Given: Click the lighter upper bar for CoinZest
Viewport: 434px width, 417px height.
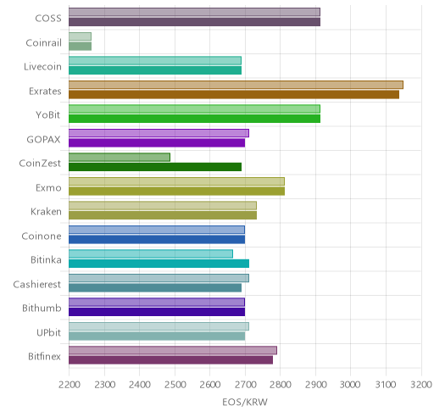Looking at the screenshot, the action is tap(120, 158).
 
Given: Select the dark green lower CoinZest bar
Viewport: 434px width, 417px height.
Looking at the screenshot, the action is tap(155, 167).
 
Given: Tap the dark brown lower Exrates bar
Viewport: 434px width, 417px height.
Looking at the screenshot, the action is tap(234, 95).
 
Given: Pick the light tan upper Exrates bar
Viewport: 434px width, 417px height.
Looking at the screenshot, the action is tap(236, 85).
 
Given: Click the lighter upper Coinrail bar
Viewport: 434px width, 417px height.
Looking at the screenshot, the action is tap(80, 36).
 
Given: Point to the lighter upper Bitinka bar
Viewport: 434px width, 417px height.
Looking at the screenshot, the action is tap(151, 254).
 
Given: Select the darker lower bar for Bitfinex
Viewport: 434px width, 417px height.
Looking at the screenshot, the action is tap(171, 360).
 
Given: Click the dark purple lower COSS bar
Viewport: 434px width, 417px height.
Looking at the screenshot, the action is tap(195, 22).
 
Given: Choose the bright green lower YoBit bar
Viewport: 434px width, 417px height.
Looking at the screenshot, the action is tap(195, 119).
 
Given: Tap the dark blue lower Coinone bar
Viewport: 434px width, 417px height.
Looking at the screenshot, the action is tap(157, 240).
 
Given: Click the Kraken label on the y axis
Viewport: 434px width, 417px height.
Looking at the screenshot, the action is tap(46, 212).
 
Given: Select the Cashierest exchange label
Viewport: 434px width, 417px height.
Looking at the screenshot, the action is tap(37, 284).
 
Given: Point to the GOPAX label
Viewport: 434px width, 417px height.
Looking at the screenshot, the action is tap(43, 139).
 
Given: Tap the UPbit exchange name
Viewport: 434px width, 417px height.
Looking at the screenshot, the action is tap(48, 332).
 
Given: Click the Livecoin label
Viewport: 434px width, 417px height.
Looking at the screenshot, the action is tap(42, 67).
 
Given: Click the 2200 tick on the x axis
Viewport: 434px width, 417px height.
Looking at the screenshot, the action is tap(70, 385).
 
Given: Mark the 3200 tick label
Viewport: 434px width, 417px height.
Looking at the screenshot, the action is tap(421, 385).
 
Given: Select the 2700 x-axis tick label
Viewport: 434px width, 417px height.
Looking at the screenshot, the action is tap(245, 385).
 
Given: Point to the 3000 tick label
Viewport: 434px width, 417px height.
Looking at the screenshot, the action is tap(350, 385).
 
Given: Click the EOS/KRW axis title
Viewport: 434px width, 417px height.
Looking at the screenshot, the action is tap(245, 402).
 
